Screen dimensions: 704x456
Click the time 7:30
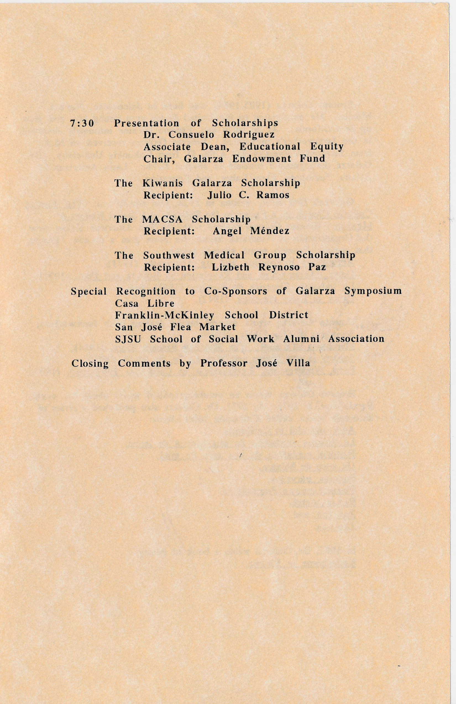click(82, 123)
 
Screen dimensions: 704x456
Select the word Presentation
click(146, 123)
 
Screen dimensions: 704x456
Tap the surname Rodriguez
click(249, 135)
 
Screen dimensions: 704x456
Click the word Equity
click(327, 147)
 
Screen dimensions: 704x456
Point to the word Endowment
click(262, 159)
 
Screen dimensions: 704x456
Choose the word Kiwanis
click(163, 183)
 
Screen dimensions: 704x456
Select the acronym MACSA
click(162, 219)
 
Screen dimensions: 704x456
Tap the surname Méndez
click(270, 231)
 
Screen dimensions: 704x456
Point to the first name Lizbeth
click(230, 267)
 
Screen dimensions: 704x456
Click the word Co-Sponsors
click(236, 291)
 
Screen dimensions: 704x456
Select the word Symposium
click(373, 291)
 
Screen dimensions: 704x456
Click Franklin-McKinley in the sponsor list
click(164, 315)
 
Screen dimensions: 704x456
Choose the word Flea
click(180, 327)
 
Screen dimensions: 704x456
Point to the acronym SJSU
click(128, 339)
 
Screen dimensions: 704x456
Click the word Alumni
click(301, 339)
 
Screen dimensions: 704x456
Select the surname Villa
click(298, 363)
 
